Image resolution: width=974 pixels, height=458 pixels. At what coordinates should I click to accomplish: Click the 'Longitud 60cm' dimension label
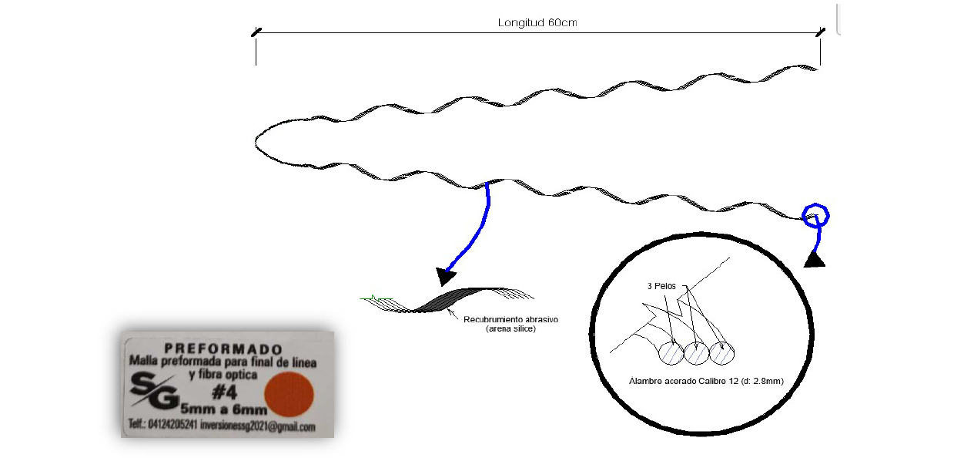point(537,22)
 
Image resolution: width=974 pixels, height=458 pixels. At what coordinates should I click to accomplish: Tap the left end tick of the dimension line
point(256,33)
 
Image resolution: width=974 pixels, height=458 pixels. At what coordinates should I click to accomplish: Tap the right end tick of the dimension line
point(820,32)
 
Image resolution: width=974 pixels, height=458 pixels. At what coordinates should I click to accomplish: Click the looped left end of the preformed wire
point(259,142)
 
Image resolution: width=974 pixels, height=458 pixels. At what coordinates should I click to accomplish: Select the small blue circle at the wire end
point(815,215)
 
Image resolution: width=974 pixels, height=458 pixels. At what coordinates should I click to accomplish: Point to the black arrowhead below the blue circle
point(815,260)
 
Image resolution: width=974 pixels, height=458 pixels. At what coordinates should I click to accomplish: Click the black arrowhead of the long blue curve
point(446,275)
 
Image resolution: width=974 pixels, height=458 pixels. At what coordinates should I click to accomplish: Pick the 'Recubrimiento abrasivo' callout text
point(510,318)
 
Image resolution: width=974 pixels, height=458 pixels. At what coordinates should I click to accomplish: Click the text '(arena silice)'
point(510,328)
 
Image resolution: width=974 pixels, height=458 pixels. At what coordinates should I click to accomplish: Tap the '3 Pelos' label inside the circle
point(661,286)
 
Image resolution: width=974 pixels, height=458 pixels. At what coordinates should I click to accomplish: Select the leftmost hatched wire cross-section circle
point(672,353)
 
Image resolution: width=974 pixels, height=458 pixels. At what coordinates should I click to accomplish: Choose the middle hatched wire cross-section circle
point(696,353)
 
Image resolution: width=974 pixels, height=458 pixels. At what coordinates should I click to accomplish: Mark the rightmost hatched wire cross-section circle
point(721,353)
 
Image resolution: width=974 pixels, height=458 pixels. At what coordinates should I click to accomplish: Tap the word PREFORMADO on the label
point(223,348)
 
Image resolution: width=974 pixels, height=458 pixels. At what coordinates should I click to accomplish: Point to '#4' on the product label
point(223,393)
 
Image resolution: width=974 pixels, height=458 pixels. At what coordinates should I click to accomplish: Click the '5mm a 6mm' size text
point(224,410)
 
